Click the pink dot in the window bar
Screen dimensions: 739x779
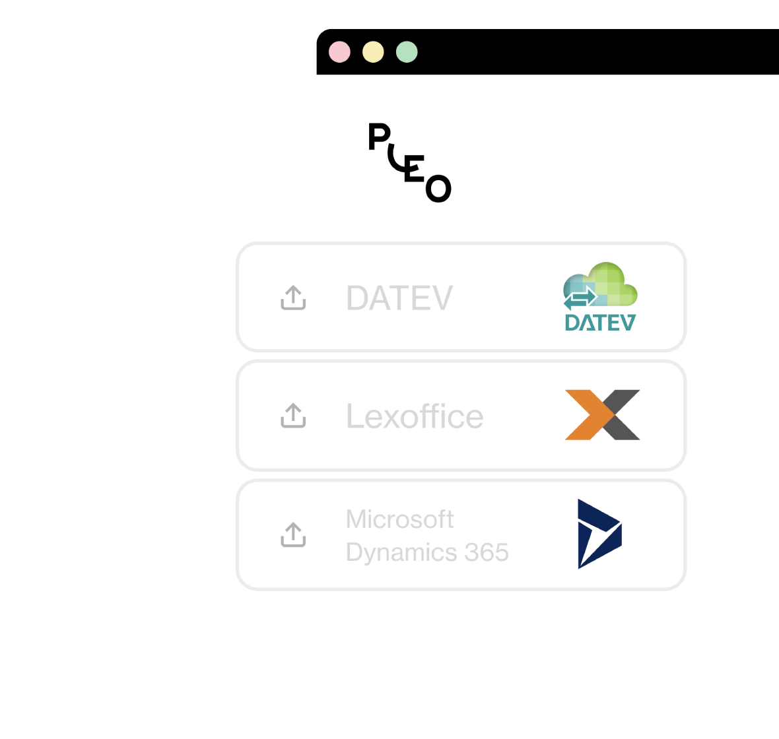point(340,52)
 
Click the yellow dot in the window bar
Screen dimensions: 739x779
point(373,52)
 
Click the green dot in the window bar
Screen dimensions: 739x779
point(407,52)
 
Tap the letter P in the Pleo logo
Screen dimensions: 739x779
point(378,137)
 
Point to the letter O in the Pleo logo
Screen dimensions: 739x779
point(438,189)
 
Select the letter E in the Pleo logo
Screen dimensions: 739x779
point(414,169)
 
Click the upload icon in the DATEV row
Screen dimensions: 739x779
point(293,298)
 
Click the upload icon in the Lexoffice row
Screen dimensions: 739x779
point(293,416)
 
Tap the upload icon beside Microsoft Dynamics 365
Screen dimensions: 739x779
point(293,534)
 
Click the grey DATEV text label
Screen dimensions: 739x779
point(399,298)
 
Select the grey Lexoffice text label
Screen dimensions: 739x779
point(415,416)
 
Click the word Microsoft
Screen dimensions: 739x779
point(399,519)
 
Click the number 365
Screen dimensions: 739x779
point(486,552)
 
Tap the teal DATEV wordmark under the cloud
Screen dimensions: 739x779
point(600,322)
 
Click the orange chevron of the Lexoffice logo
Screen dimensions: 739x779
point(584,414)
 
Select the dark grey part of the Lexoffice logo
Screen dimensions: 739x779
point(624,414)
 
